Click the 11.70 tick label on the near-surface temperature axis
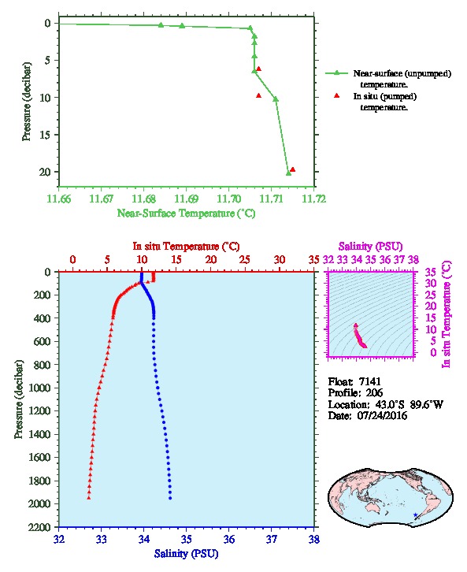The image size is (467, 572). pos(229,199)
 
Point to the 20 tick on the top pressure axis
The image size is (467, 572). pos(45,172)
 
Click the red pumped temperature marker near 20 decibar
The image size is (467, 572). pos(292,169)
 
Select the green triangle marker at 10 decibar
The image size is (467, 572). pos(276,99)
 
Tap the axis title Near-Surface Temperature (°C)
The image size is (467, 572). pos(186,213)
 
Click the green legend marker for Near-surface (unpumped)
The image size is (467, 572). pos(336,73)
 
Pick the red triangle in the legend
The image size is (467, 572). pos(336,96)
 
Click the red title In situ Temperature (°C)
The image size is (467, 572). pos(186,247)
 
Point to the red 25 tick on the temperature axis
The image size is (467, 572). pos(246,260)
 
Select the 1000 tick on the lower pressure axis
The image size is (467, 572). pos(39,388)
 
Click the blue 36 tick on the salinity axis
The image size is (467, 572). pos(229,539)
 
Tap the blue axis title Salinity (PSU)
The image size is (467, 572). pos(187,554)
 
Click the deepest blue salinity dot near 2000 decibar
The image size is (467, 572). pos(170,498)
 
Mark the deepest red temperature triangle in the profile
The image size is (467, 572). pos(88,498)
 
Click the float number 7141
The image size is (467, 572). pos(370,381)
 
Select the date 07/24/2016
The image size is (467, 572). pos(382,416)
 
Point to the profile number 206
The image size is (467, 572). pos(374,393)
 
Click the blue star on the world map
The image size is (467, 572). pos(415,515)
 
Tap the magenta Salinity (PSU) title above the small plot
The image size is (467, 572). pos(371,247)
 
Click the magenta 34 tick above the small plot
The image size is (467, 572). pos(357,260)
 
